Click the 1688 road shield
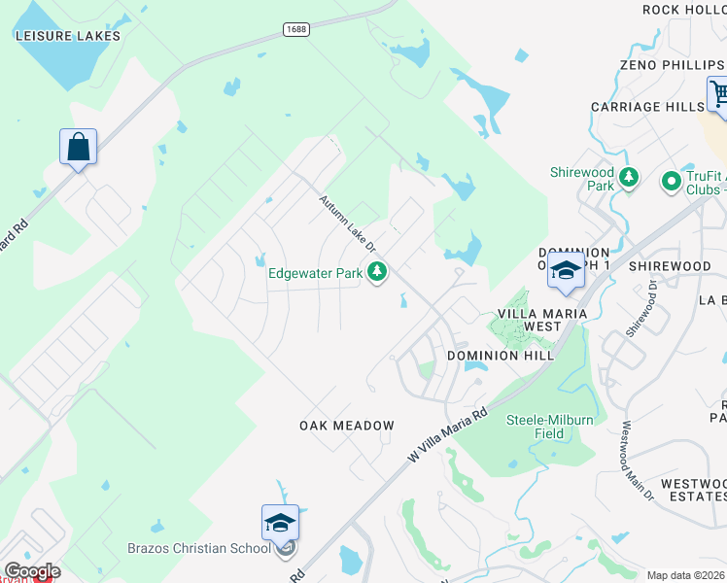click(296, 29)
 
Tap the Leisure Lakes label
click(68, 36)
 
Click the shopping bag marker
click(78, 148)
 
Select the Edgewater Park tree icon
click(377, 273)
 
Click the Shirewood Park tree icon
click(629, 178)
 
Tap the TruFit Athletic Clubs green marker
click(670, 181)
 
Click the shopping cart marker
click(719, 95)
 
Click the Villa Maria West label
click(542, 320)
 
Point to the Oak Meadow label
click(347, 426)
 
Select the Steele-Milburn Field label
click(549, 427)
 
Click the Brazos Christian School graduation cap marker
click(279, 523)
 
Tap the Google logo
click(32, 571)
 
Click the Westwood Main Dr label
click(639, 462)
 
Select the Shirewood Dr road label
click(643, 309)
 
